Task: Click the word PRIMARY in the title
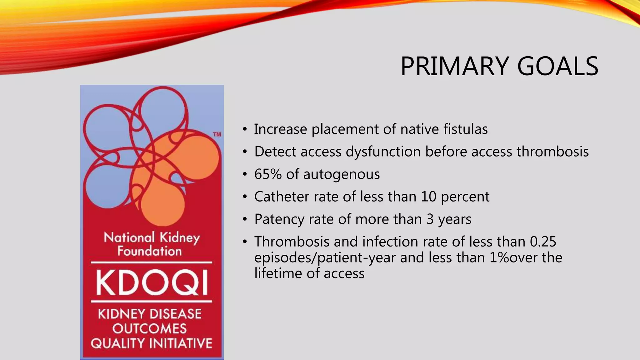coord(455,66)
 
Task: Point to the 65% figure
coord(268,174)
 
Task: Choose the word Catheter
coord(282,197)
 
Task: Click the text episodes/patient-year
coord(325,258)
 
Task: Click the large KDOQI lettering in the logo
coord(152,283)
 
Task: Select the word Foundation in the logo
coord(149,251)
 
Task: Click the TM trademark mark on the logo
coord(217,135)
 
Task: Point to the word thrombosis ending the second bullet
coord(552,152)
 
